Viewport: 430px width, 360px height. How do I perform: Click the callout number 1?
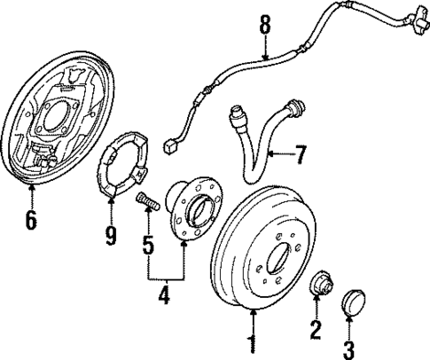(253, 341)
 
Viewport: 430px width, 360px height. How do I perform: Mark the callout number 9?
(111, 236)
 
